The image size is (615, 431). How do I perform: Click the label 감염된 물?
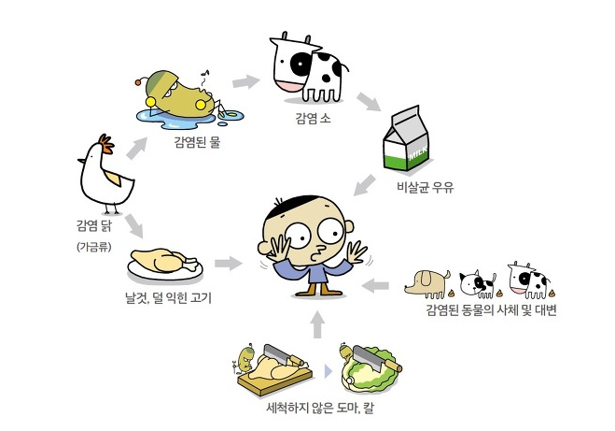[x=197, y=142]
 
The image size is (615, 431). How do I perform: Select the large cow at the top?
[x=309, y=67]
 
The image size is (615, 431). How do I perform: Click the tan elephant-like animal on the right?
[x=431, y=280]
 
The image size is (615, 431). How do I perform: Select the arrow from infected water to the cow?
[x=245, y=81]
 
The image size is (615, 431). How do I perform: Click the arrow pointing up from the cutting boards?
[x=316, y=323]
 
